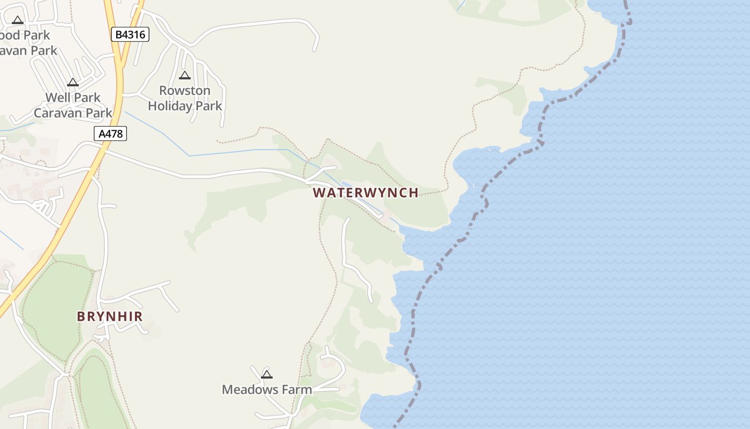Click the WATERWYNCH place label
tap(365, 193)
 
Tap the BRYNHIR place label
tap(110, 316)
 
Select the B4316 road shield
tap(130, 35)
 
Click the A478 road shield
tap(111, 134)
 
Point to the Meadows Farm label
tap(267, 389)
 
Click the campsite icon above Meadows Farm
tap(267, 374)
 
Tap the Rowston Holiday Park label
tap(185, 98)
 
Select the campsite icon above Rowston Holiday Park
tap(185, 76)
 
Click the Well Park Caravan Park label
tap(73, 105)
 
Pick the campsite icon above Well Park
tap(73, 83)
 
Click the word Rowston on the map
tap(185, 91)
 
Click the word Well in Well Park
tap(57, 98)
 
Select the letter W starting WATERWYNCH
tap(318, 193)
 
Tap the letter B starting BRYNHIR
tap(81, 316)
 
